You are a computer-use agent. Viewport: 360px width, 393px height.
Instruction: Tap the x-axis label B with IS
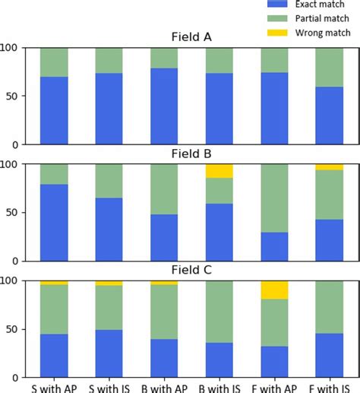(219, 387)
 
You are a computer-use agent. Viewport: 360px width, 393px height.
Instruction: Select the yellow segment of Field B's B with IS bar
(219, 171)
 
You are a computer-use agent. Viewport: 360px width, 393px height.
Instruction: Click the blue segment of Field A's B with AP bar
(165, 106)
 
